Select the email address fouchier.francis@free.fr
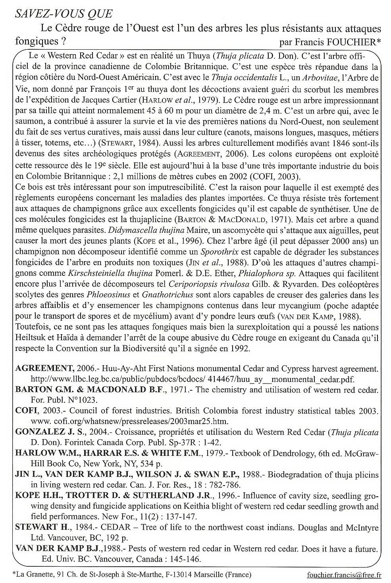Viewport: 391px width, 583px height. [344, 574]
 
